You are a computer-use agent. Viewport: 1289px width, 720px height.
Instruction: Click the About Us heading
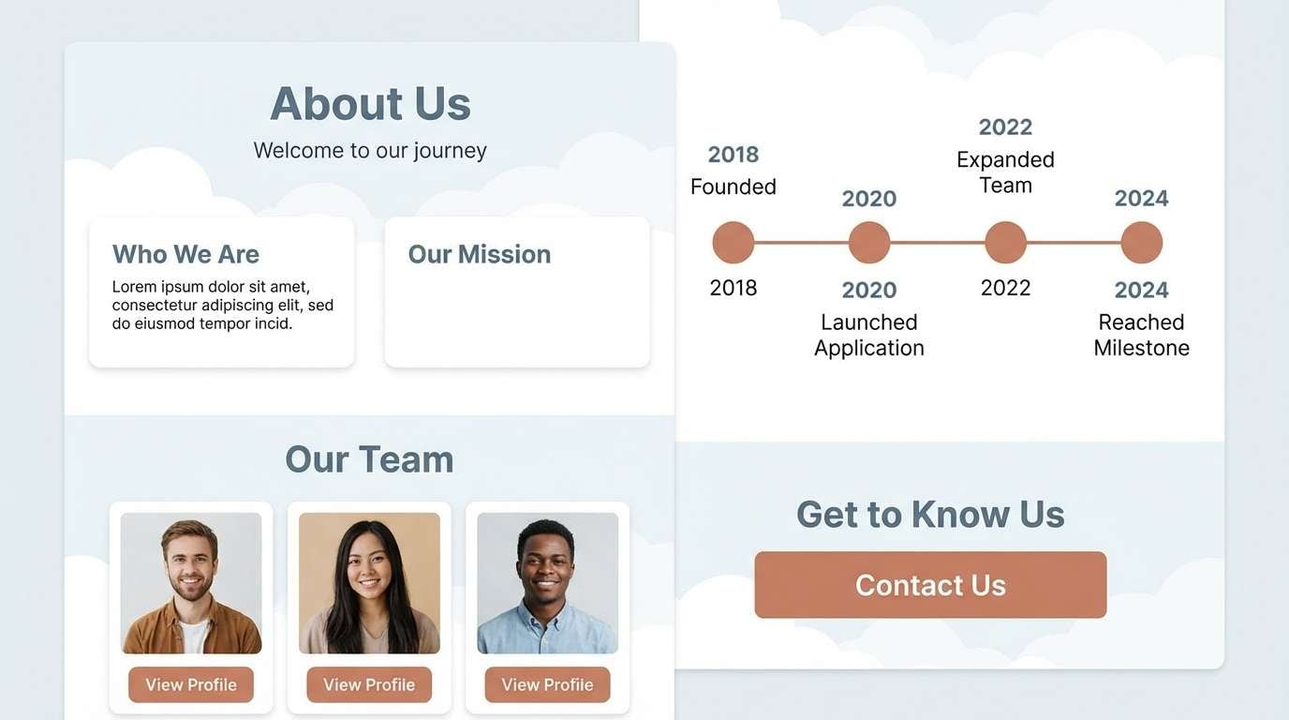(370, 103)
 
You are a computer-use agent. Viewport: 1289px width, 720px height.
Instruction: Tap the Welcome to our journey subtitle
(370, 150)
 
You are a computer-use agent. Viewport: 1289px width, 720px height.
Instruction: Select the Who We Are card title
(185, 254)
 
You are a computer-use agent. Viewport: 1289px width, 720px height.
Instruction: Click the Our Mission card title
(479, 254)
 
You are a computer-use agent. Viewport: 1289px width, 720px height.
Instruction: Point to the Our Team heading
(369, 459)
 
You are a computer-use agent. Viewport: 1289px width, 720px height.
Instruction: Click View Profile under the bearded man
(191, 684)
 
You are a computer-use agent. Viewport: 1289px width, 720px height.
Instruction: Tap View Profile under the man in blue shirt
(547, 684)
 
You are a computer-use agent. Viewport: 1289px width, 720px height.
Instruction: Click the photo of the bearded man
(191, 582)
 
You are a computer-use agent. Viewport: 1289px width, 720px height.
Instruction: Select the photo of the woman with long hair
(369, 582)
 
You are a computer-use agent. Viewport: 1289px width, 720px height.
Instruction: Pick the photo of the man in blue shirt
(547, 582)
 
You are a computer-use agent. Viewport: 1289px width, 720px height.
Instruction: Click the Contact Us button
(930, 585)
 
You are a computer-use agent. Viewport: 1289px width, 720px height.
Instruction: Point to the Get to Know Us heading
(930, 514)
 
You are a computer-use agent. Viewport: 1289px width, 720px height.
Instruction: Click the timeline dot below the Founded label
(733, 243)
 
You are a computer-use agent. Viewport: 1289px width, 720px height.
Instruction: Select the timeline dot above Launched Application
(869, 243)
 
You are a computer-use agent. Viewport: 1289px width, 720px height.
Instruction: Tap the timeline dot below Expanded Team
(1005, 243)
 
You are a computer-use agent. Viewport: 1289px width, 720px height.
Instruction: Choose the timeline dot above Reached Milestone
(1141, 243)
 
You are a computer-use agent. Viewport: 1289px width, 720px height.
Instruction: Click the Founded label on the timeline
(733, 187)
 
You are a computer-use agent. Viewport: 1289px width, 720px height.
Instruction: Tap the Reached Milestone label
(1141, 335)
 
